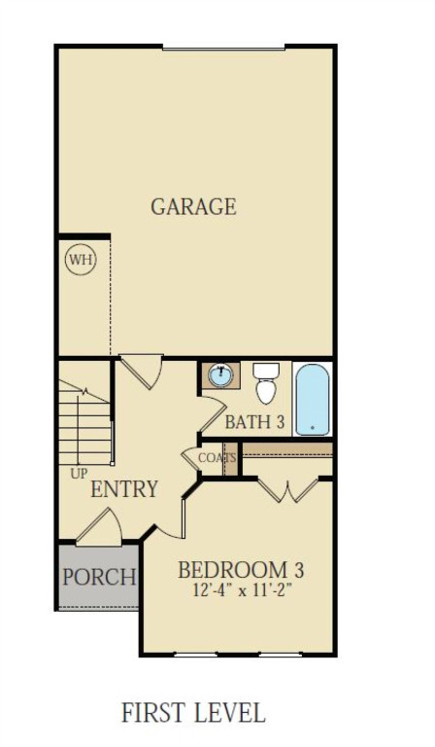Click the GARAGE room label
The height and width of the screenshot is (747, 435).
(193, 206)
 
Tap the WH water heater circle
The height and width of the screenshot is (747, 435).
(79, 260)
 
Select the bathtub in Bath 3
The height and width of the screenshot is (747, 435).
(312, 400)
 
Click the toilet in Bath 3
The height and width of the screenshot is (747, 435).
(266, 383)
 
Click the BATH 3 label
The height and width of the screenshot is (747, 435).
(255, 422)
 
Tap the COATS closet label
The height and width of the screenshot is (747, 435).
(217, 457)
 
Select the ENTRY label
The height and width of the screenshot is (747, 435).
(124, 489)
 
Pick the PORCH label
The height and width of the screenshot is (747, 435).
(98, 576)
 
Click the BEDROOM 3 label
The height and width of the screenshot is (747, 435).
(246, 570)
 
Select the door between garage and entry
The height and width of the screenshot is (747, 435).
(139, 372)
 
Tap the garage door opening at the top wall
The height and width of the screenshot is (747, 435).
(222, 46)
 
